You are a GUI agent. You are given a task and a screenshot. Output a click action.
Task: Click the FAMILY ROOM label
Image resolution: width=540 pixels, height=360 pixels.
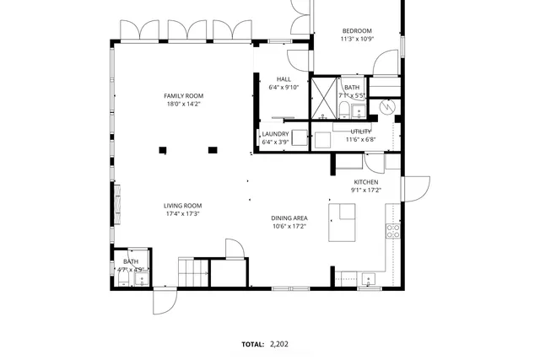(183, 95)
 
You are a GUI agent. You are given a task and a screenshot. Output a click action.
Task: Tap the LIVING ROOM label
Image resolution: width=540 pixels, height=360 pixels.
(181, 205)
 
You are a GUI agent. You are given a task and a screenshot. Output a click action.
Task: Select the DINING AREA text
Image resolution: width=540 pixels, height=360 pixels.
(289, 218)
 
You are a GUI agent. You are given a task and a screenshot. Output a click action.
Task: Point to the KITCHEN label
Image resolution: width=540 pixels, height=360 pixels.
(365, 182)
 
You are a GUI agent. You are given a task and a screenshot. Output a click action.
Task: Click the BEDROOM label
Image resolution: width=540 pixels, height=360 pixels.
(356, 31)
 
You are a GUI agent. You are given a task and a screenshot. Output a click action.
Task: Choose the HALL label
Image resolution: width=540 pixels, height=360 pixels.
(283, 79)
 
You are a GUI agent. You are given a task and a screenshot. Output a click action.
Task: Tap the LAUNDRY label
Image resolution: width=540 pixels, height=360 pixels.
(275, 134)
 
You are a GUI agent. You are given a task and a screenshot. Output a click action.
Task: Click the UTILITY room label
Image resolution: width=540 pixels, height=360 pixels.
(361, 132)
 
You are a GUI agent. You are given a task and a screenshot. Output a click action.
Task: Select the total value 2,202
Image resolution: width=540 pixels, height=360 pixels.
(278, 344)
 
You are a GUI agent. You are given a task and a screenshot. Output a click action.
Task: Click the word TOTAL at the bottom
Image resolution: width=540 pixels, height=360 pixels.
(252, 344)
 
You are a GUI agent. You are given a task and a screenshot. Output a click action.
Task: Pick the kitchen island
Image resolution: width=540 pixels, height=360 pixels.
(343, 222)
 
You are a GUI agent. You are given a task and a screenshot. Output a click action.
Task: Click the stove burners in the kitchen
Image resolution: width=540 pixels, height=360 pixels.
(392, 228)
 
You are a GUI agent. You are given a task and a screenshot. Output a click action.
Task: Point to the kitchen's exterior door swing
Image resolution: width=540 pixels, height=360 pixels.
(417, 187)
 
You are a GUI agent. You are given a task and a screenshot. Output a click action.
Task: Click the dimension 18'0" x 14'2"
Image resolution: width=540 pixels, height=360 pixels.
(183, 105)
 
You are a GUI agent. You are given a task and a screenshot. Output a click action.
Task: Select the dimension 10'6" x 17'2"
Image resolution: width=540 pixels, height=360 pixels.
(289, 226)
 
